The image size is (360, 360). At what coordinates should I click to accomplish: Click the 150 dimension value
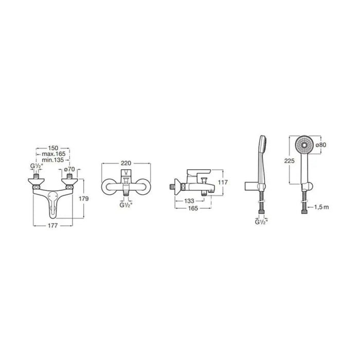point(53,148)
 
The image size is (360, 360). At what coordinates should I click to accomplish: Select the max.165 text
point(53,154)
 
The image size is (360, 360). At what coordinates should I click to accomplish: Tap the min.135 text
point(53,160)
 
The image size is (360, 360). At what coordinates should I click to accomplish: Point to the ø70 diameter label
point(69,169)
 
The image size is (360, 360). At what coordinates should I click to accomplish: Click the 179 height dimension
point(83,199)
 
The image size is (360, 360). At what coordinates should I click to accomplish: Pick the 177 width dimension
point(52,226)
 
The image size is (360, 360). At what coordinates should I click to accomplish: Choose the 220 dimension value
point(126,163)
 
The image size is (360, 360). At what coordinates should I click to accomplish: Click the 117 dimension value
point(223,182)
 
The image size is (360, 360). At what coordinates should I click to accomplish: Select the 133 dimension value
point(189,201)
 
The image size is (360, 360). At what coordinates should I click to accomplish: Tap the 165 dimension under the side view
point(193,208)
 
